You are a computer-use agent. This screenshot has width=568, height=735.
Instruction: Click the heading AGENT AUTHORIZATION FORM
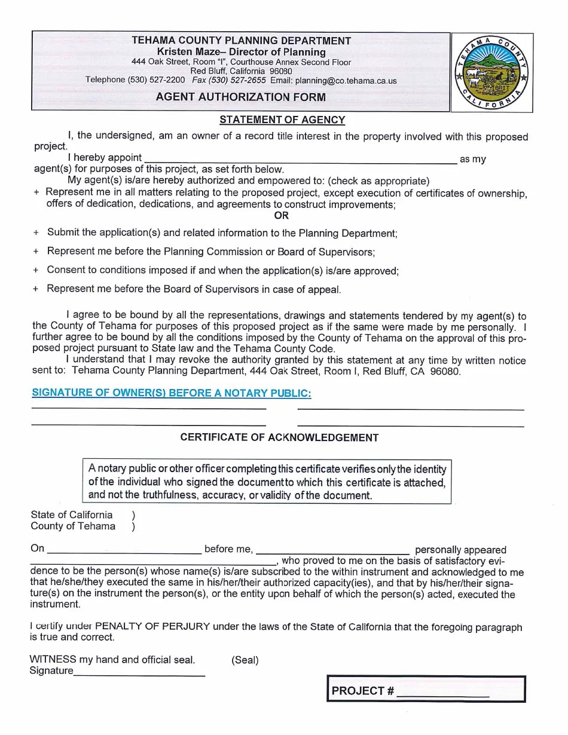[241, 97]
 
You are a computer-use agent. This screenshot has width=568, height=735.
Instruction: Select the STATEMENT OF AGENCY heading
[282, 120]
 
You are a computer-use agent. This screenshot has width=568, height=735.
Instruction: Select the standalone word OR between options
[281, 216]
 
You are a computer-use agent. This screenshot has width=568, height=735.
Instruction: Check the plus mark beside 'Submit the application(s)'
[36, 233]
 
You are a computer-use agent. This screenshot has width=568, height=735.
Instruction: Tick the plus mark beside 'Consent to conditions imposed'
[36, 271]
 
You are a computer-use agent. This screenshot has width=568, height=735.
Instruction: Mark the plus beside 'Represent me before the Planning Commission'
[36, 252]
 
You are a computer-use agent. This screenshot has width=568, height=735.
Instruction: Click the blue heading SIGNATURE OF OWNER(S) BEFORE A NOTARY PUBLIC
[171, 393]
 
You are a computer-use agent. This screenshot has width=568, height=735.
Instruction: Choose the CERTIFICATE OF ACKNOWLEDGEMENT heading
[279, 437]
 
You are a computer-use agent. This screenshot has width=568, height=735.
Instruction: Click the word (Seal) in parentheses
[245, 660]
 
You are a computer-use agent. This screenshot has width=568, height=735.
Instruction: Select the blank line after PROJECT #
[442, 694]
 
